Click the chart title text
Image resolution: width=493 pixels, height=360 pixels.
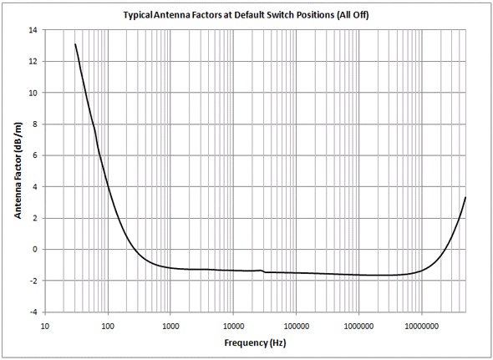click(246, 15)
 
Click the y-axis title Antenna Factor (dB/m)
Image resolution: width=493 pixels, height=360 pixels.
click(18, 170)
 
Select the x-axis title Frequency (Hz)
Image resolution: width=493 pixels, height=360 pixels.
click(254, 344)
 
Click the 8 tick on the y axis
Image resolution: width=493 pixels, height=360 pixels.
click(34, 124)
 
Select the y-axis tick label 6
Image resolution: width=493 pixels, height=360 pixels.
click(34, 155)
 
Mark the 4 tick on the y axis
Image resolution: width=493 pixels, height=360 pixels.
click(34, 187)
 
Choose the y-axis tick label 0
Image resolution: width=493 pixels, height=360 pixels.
click(34, 250)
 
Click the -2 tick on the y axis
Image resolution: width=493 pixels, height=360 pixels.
click(33, 281)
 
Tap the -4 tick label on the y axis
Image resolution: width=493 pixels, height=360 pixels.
click(33, 312)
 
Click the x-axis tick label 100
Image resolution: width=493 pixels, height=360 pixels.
click(108, 325)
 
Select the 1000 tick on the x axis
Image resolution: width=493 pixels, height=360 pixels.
click(170, 325)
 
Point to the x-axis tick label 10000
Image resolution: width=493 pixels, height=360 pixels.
click(233, 325)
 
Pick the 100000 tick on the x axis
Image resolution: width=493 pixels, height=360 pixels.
click(296, 325)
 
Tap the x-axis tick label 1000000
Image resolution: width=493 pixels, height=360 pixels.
click(358, 325)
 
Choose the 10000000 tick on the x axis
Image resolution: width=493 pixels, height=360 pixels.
click(421, 325)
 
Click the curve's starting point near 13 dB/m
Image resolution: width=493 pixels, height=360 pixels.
click(75, 44)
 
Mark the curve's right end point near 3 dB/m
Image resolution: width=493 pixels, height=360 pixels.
click(465, 197)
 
